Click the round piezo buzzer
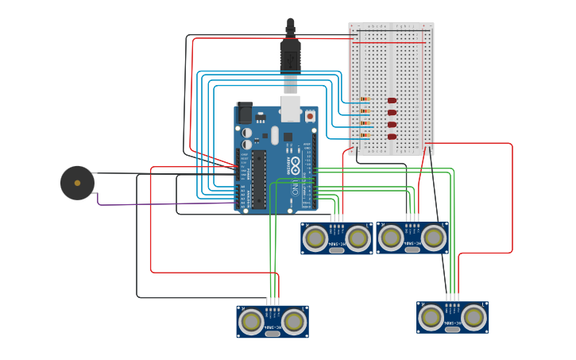[77, 183]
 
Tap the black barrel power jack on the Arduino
[245, 113]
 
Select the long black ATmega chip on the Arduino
[259, 180]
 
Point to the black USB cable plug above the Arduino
[290, 56]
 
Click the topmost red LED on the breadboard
[392, 100]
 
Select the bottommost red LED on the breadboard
[392, 137]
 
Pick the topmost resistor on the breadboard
[365, 99]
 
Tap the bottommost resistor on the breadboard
[365, 136]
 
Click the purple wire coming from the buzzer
[159, 203]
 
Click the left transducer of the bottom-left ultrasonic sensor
[251, 321]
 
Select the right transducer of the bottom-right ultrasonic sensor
[474, 317]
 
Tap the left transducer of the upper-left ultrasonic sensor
[315, 238]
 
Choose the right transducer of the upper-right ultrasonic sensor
[433, 237]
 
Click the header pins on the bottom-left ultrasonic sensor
[273, 302]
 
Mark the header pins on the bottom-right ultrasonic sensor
[453, 298]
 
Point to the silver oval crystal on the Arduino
[275, 136]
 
